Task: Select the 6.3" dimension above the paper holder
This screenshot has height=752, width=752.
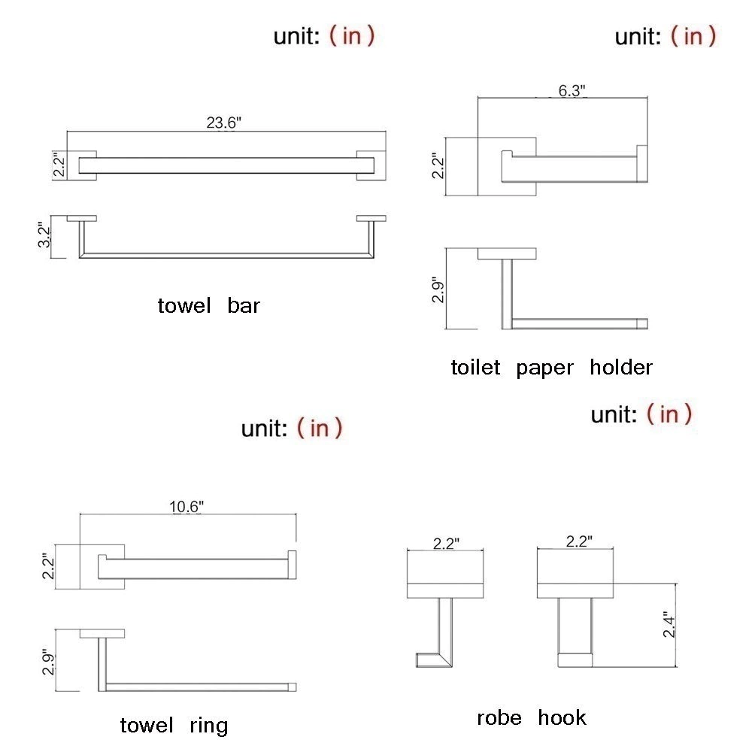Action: click(x=572, y=91)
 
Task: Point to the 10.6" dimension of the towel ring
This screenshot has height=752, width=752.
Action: click(x=186, y=507)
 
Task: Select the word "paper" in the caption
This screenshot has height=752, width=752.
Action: click(x=544, y=368)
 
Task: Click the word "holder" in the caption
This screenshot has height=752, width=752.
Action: click(x=621, y=368)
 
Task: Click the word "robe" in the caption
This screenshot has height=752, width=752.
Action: click(x=499, y=718)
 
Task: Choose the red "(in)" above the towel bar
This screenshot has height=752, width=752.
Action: click(x=351, y=36)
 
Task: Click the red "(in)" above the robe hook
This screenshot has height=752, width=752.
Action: click(x=669, y=414)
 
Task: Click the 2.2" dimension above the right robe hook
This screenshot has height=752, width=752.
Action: click(x=579, y=541)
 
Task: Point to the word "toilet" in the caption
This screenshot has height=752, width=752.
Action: click(x=475, y=368)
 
